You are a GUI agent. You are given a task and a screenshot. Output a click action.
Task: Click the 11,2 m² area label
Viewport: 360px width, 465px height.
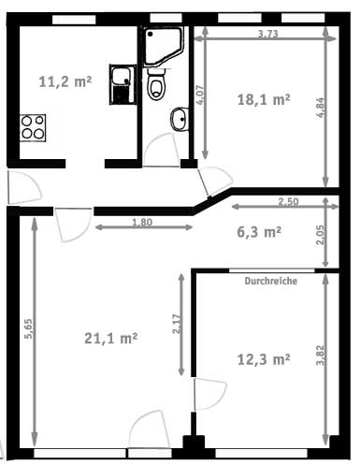65,82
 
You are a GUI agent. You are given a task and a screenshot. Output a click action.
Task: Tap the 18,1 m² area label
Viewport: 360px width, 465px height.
264,100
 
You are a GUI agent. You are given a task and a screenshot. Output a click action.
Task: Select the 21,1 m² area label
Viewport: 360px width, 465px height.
111,339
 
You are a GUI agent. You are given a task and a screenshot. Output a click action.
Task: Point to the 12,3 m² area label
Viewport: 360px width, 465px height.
264,359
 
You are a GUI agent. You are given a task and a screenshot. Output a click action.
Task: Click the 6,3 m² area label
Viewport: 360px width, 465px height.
259,232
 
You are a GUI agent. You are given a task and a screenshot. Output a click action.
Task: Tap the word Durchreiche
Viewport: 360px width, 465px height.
270,281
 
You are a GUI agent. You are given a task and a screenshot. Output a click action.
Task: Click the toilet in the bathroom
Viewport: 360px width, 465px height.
157,83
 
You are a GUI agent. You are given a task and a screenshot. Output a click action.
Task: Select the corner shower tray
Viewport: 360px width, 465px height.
163,47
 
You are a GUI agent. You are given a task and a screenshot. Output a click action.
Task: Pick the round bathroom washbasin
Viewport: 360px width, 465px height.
180,119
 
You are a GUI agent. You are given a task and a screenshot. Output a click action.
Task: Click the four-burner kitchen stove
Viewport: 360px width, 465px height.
33,128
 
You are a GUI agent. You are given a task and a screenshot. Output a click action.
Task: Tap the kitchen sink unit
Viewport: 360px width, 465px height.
122,84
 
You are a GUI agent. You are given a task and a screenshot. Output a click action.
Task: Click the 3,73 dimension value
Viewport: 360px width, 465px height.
267,34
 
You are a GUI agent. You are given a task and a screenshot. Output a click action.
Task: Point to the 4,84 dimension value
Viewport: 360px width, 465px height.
321,108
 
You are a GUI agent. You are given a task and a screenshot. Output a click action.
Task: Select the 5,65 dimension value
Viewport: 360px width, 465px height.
28,328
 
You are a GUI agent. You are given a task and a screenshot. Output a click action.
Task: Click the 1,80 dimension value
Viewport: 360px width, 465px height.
142,222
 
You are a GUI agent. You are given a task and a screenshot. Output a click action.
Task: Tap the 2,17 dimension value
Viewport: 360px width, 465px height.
177,324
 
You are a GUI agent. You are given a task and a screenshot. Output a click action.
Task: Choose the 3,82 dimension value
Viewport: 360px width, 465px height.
320,355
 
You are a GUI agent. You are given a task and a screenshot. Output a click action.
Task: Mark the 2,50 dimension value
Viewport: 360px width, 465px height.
288,202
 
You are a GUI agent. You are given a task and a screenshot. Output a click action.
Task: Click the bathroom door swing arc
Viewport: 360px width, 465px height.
162,148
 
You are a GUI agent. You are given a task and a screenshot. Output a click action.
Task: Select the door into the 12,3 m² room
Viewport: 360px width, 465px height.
210,394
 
